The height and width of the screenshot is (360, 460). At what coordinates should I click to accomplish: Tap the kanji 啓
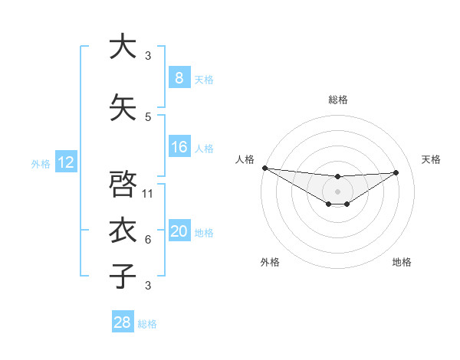click(x=122, y=184)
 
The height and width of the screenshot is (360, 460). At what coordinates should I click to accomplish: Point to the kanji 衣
click(x=122, y=231)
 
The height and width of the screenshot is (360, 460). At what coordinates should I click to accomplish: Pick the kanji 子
click(x=122, y=277)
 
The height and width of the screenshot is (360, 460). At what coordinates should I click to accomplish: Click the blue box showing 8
click(x=179, y=78)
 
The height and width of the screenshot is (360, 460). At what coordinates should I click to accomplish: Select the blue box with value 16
click(x=179, y=147)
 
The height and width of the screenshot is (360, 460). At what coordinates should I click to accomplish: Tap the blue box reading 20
click(x=179, y=232)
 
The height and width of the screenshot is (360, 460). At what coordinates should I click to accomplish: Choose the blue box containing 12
click(x=65, y=162)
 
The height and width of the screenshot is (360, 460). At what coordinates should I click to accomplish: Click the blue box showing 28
click(x=122, y=322)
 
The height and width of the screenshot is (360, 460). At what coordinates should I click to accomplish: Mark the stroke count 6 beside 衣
click(x=148, y=240)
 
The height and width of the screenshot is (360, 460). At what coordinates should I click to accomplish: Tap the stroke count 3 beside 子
click(x=148, y=286)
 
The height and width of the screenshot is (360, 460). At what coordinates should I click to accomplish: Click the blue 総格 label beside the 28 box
click(x=147, y=324)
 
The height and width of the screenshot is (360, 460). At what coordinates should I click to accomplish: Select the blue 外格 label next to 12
click(x=41, y=163)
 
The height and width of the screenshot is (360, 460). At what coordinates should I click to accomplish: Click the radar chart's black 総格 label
click(x=337, y=100)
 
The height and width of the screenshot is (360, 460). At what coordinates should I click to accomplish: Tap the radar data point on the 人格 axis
click(x=264, y=168)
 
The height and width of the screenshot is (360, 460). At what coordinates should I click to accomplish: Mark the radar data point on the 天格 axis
click(x=396, y=172)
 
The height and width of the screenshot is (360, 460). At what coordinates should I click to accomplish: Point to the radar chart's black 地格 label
click(x=402, y=262)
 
